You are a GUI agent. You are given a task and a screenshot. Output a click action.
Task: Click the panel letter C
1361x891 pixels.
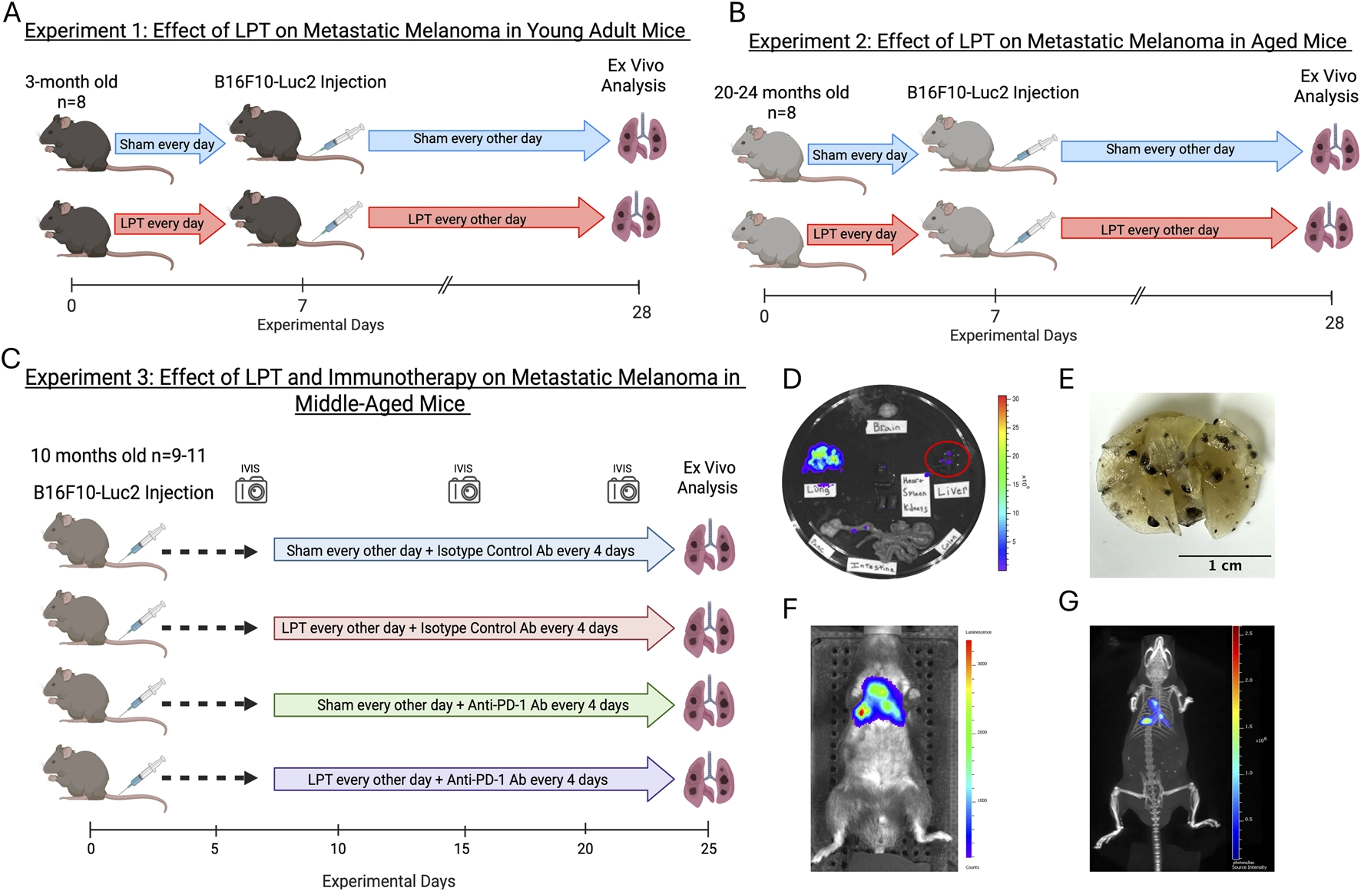coord(11,359)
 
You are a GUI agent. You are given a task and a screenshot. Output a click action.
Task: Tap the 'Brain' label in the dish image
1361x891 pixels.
coord(886,427)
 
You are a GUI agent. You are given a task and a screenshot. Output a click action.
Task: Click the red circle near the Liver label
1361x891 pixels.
coord(947,459)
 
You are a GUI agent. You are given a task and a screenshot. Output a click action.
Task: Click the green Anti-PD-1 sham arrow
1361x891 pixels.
coord(472,705)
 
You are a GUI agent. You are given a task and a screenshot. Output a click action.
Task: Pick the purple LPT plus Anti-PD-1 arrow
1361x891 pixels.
coord(472,780)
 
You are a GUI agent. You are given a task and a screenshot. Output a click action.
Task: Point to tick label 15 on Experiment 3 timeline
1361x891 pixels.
coord(462,849)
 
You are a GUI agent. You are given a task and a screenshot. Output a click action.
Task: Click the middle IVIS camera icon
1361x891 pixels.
coord(464,490)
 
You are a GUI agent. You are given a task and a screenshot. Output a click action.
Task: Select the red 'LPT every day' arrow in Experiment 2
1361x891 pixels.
coord(860,234)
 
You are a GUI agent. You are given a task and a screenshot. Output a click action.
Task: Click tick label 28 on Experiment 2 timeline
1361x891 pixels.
coord(1334,323)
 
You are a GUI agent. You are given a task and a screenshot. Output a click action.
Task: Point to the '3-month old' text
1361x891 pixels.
coord(71,82)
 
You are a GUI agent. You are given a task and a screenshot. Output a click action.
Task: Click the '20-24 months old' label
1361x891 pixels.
coord(781,93)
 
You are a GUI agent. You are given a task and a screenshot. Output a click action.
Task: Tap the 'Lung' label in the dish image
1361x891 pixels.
coord(819,489)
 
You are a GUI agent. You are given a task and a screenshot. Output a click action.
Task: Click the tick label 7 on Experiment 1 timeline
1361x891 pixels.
coord(303,306)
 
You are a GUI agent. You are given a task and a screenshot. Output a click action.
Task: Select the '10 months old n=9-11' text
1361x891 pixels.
coord(118,455)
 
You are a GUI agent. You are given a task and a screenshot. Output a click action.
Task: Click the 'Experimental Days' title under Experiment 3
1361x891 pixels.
coord(389,881)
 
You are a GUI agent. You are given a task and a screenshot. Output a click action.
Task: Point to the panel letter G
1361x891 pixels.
coord(1068,601)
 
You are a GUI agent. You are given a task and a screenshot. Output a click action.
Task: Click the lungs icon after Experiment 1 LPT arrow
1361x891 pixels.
coord(636,219)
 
